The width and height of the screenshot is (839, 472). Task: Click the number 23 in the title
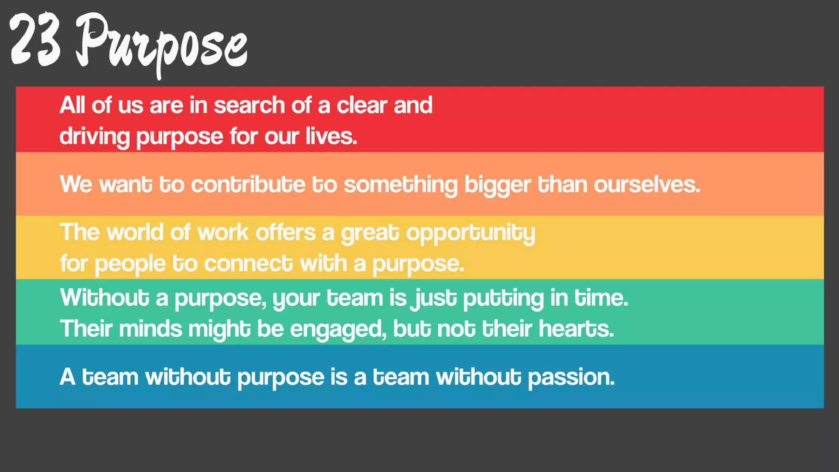point(35,40)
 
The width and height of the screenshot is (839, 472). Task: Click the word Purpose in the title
point(162,43)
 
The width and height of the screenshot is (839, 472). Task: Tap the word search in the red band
point(249,105)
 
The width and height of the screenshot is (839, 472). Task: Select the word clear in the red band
point(362,105)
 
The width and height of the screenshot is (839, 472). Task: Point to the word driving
point(94,137)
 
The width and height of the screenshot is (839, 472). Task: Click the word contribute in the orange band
point(248,184)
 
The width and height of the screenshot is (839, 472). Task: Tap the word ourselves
point(647,184)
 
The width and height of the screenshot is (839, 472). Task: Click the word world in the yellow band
point(135,232)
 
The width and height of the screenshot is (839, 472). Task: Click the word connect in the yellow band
point(248,263)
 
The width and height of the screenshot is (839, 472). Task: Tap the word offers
point(286,232)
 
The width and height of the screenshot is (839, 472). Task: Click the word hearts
point(576,329)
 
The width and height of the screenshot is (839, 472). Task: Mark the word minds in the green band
point(150,329)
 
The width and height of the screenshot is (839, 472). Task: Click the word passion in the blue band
point(571,377)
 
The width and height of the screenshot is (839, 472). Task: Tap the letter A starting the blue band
point(68,377)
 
